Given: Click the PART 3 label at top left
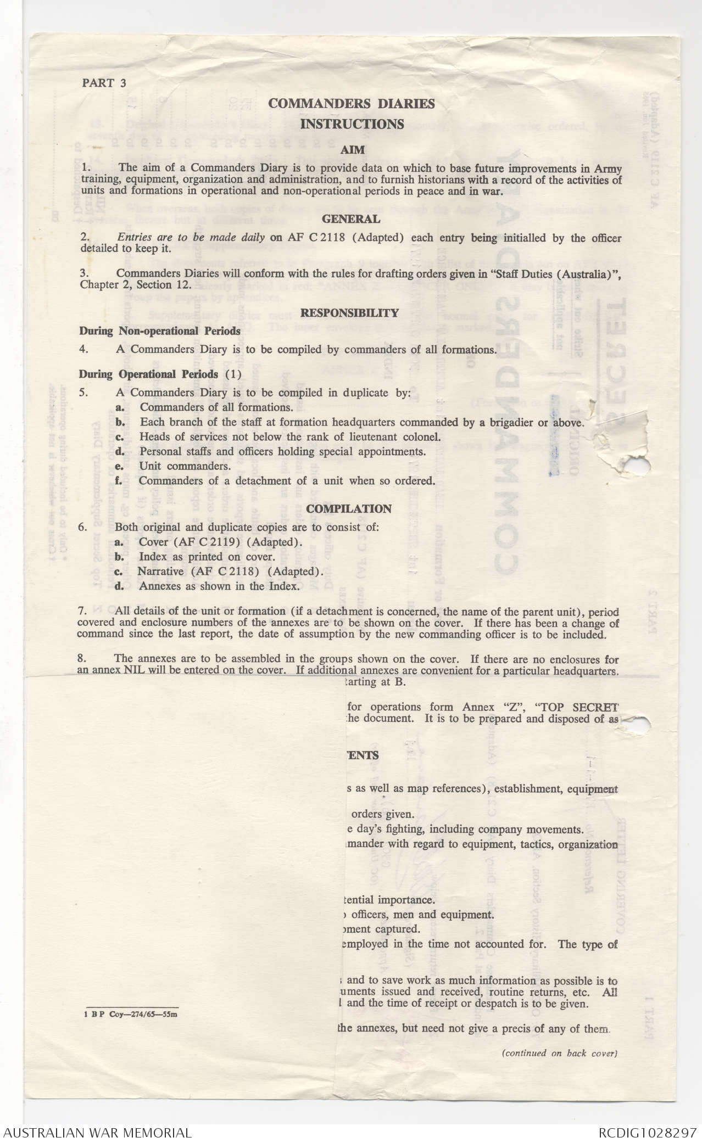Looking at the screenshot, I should pyautogui.click(x=104, y=83).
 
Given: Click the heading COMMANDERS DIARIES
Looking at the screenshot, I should pyautogui.click(x=352, y=104).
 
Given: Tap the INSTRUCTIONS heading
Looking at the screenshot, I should pyautogui.click(x=352, y=124).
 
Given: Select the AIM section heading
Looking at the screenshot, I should pyautogui.click(x=352, y=149).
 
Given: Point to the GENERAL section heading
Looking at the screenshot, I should pyautogui.click(x=351, y=219).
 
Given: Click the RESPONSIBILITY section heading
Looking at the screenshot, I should pyautogui.click(x=349, y=313).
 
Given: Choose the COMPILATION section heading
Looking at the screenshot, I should pyautogui.click(x=349, y=508).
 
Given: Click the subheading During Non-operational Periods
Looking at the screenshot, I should pyautogui.click(x=160, y=331).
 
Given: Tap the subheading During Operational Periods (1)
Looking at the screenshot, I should pyautogui.click(x=160, y=374).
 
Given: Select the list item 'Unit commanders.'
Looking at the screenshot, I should pyautogui.click(x=185, y=466).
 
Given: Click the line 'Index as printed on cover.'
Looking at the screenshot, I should pyautogui.click(x=207, y=557).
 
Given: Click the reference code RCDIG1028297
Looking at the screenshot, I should pyautogui.click(x=648, y=1132).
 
